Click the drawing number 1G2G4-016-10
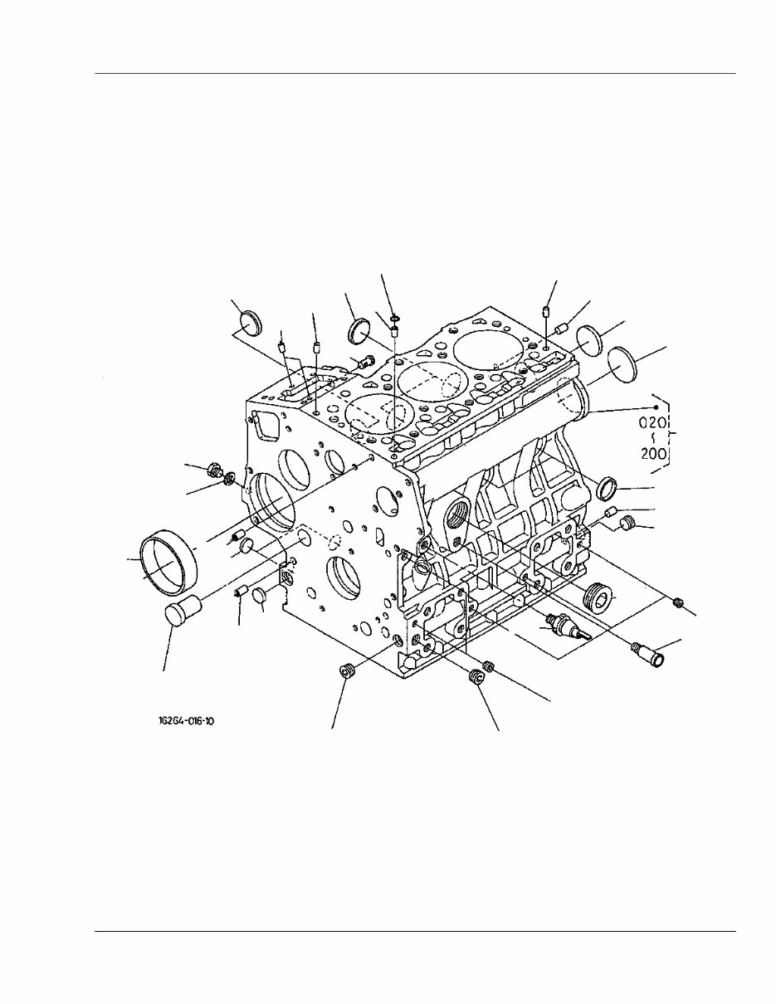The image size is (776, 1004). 186,721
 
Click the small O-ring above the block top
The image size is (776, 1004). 393,318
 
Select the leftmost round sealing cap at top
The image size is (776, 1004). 249,323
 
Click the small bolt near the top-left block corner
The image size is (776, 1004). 363,360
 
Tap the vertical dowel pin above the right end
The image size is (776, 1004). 545,314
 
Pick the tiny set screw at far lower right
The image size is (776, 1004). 679,601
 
